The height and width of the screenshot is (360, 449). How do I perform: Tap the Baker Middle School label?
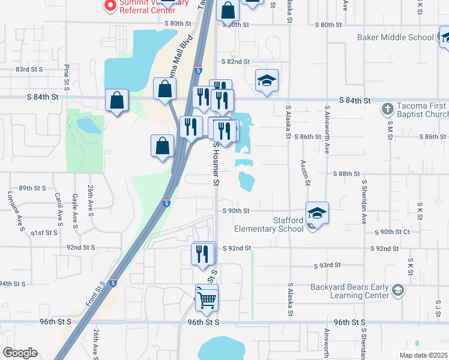[395, 37]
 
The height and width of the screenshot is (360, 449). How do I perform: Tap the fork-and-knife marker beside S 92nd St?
[203, 253]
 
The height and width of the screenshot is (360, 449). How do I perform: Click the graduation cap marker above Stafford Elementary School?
[317, 213]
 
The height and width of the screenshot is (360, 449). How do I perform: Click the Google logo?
[20, 352]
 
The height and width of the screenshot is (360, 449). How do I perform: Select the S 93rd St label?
[328, 265]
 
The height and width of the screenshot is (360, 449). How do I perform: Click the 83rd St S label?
[29, 70]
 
